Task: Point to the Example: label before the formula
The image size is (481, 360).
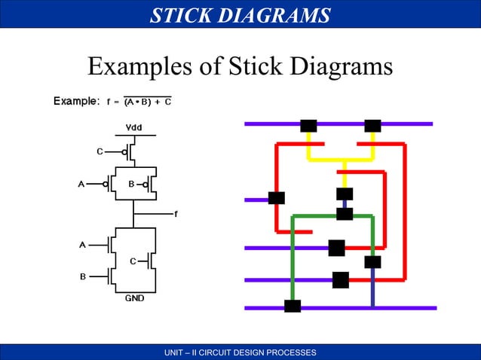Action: click(76, 101)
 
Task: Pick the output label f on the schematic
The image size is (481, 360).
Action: click(176, 214)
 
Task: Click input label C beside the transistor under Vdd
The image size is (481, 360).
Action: click(100, 151)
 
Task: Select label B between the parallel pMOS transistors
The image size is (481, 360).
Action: click(130, 183)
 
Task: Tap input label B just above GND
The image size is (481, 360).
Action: click(83, 276)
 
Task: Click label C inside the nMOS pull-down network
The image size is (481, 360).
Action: click(133, 261)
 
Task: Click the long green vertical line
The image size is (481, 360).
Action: click(293, 256)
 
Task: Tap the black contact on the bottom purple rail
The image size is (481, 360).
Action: click(293, 307)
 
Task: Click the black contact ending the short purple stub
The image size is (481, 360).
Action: click(277, 198)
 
